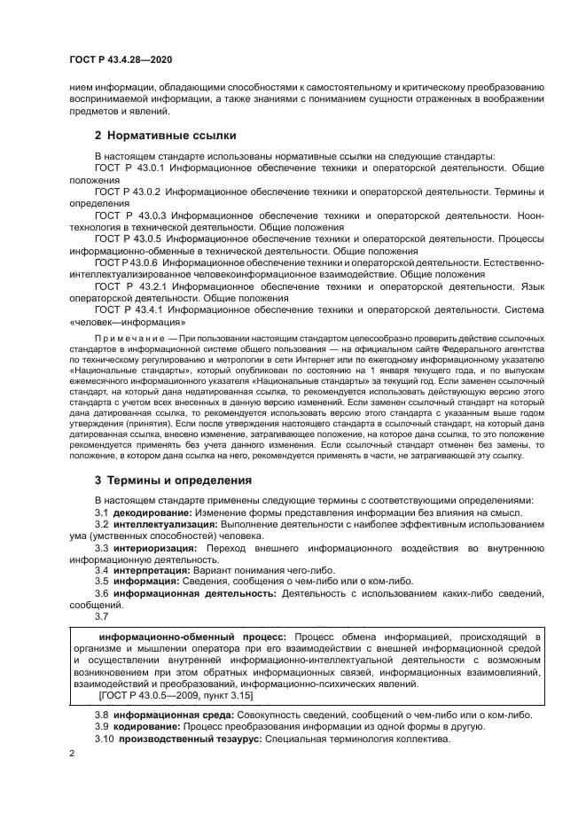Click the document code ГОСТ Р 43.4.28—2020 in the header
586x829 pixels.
click(x=121, y=59)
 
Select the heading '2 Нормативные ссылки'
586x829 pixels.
click(x=165, y=136)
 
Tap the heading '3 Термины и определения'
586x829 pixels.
click(x=173, y=480)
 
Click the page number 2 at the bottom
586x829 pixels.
click(x=72, y=754)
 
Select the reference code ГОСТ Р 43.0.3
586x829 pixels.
click(x=129, y=215)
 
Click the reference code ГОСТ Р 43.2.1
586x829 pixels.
click(x=130, y=287)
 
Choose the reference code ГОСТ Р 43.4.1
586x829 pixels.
click(x=130, y=310)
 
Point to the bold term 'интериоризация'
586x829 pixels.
click(x=156, y=549)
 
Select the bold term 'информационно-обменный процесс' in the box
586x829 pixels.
click(x=191, y=637)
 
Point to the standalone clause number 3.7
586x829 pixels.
click(x=101, y=616)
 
